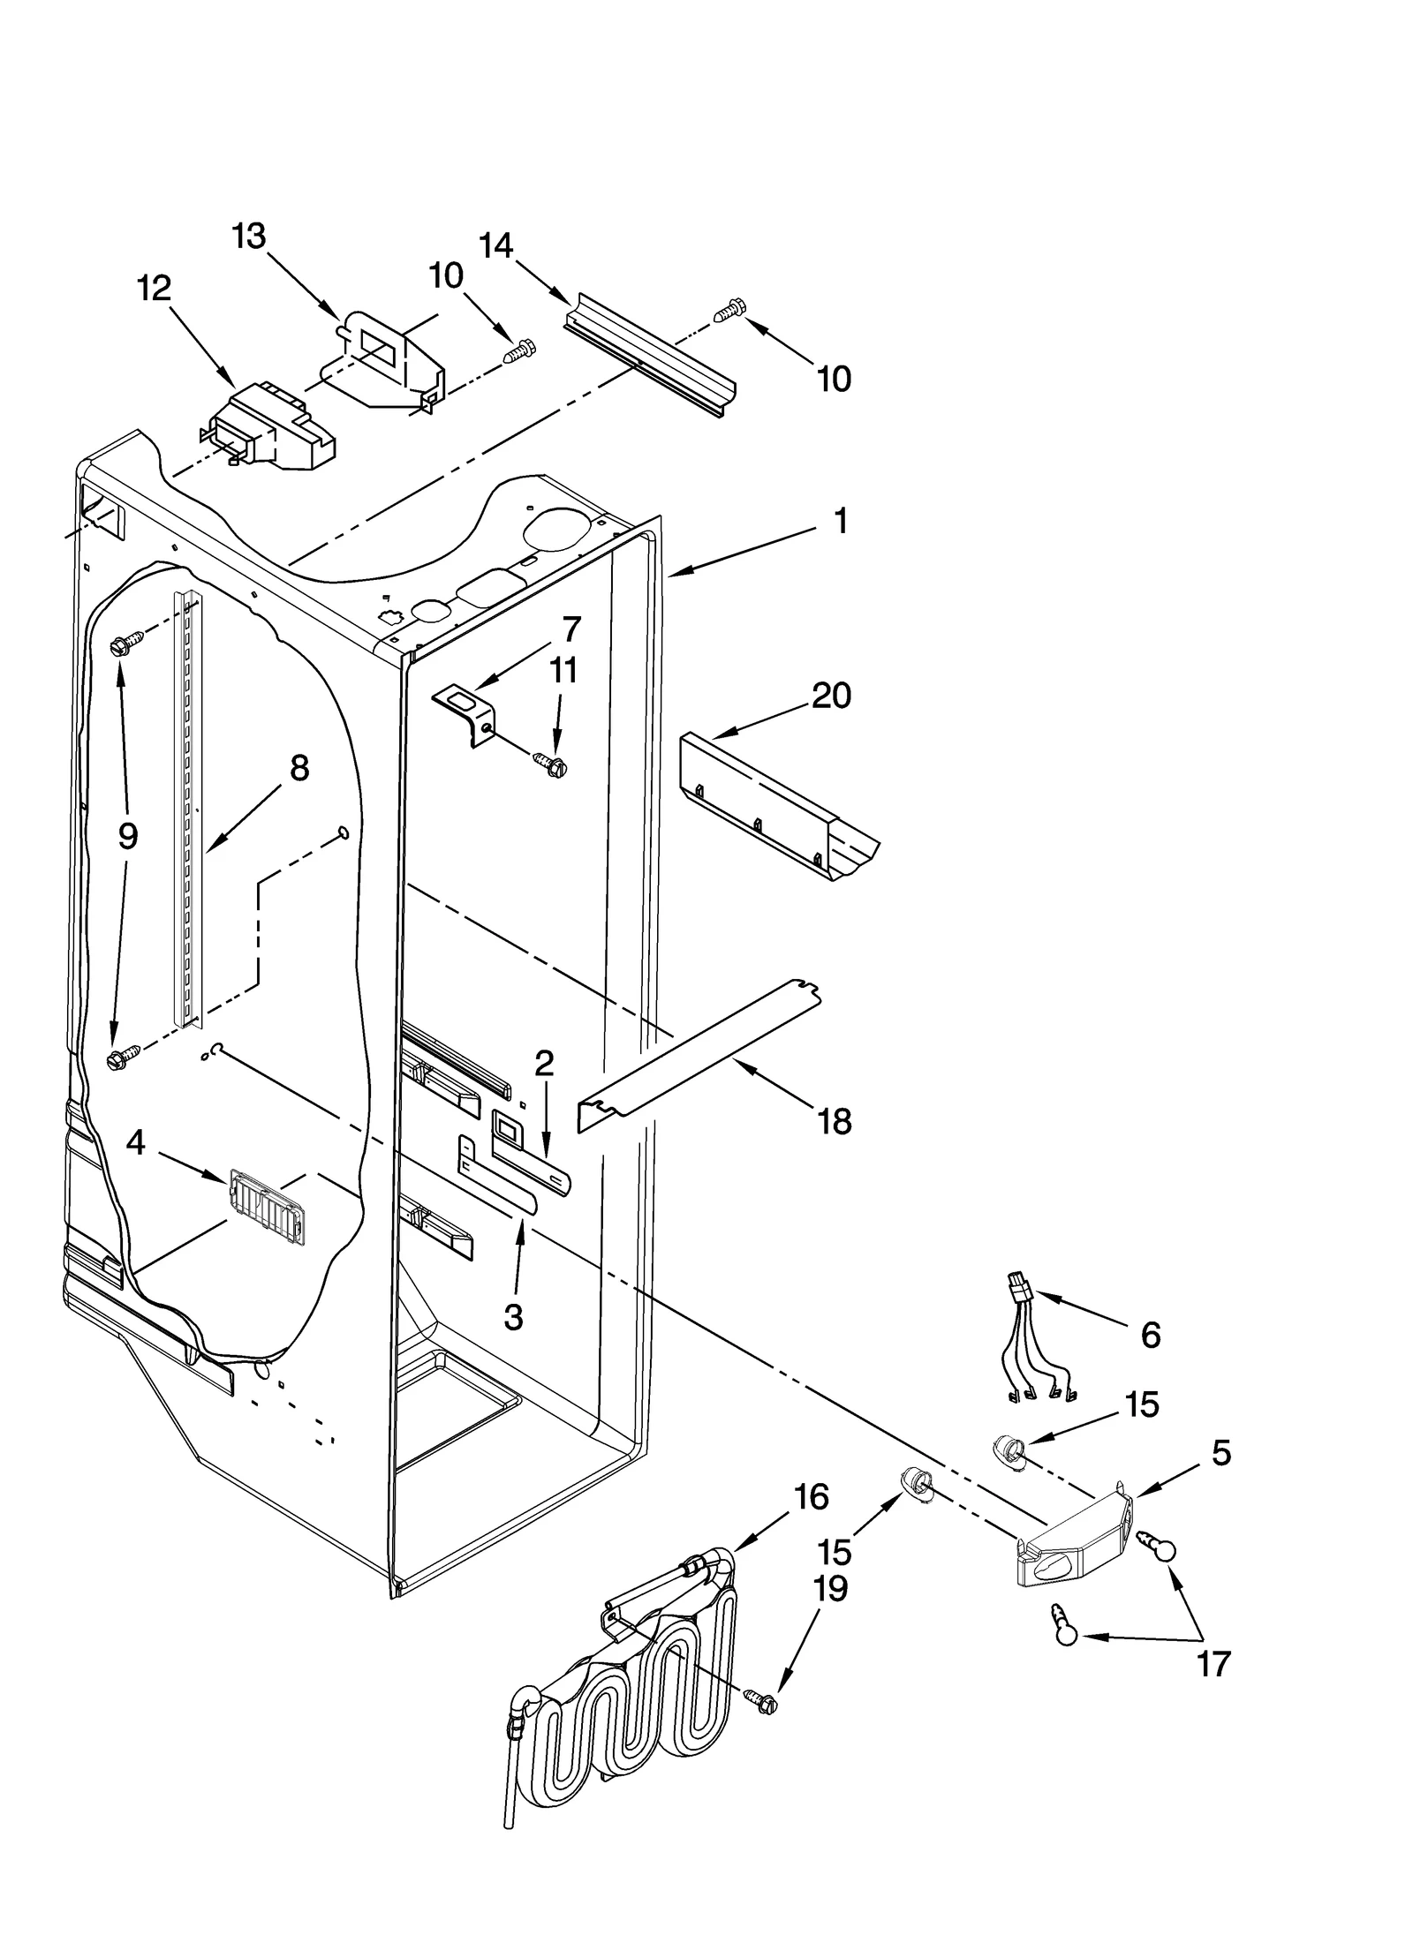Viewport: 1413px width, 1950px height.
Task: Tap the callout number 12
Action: [155, 288]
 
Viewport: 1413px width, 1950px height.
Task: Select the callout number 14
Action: [496, 245]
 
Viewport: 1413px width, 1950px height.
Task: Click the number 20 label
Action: [831, 696]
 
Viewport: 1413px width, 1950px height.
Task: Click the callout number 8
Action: [299, 768]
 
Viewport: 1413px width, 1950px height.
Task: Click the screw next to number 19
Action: [760, 1702]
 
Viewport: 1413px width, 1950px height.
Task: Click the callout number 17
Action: [1213, 1664]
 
